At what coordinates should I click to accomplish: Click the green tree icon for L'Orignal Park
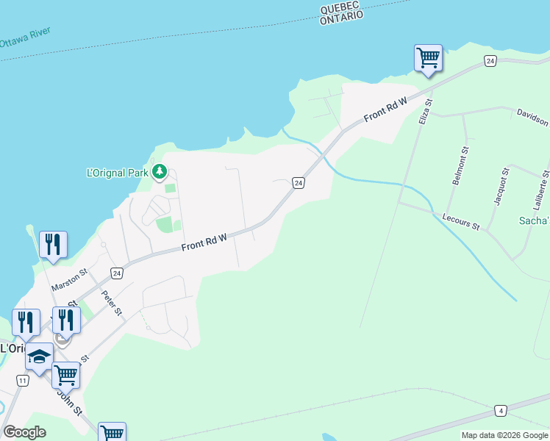coord(160,173)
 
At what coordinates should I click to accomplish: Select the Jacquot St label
coord(501,187)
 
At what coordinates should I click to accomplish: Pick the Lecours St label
coord(461,221)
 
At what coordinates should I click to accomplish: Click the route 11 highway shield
coord(23,380)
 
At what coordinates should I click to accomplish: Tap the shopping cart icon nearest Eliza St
coord(428,57)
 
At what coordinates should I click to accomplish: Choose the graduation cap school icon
coord(38,357)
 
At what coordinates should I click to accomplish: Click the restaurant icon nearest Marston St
coord(53,244)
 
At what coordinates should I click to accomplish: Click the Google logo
coord(24,432)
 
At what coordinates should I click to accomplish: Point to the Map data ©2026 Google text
coord(504,435)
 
